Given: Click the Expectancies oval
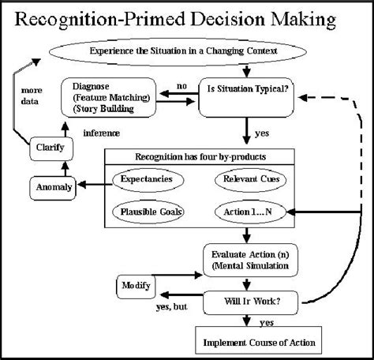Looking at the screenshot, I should [x=148, y=179].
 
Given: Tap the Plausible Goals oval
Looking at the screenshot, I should [x=148, y=212].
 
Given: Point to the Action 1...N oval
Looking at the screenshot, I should [x=250, y=212].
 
